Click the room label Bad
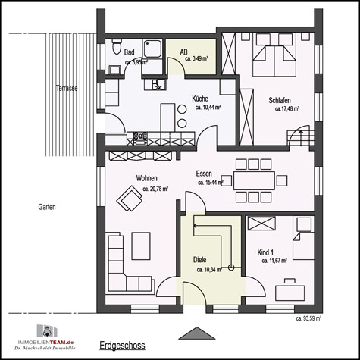point(129,52)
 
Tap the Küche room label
point(200,99)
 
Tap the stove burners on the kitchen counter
point(139,138)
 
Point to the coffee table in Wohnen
point(142,245)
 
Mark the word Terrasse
point(67,88)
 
